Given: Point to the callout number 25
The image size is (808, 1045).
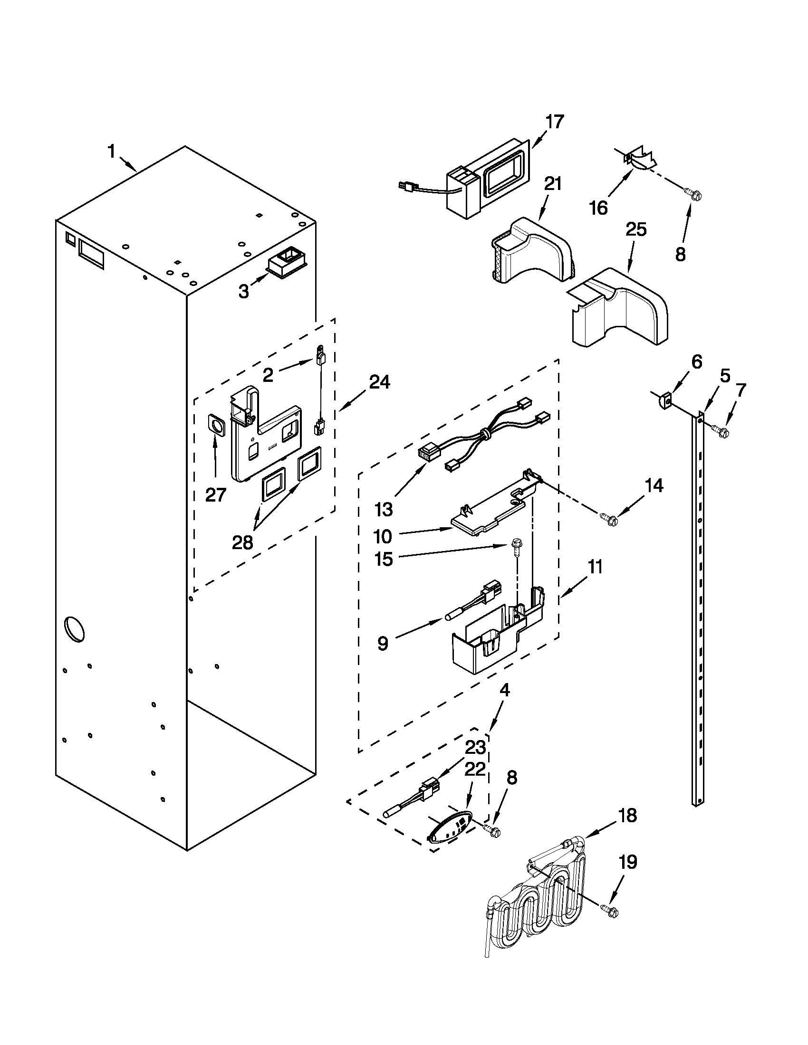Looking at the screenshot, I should [635, 230].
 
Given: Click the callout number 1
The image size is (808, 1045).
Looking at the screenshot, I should [111, 152].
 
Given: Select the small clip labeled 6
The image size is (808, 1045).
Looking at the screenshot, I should [663, 399].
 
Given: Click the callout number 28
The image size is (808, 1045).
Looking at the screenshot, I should [242, 542].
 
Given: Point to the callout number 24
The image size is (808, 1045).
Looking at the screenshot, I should [380, 382].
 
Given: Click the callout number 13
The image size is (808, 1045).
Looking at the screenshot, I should [384, 509].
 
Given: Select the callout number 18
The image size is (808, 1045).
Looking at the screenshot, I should [627, 815].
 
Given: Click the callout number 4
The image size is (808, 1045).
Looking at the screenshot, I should [505, 690].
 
